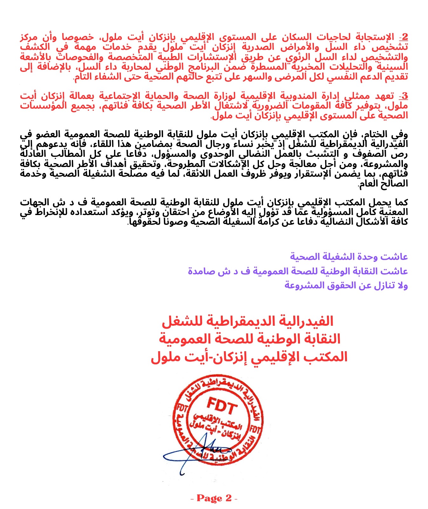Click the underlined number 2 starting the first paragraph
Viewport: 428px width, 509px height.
404,37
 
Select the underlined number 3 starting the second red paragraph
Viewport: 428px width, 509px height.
404,96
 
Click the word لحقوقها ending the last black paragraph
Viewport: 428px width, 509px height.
141,222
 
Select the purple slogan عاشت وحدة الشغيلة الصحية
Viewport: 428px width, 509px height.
349,256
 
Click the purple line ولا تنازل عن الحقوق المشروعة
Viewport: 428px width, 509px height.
346,286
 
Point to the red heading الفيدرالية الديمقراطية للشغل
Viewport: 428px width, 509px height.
248,322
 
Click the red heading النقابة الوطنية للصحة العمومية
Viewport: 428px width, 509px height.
249,339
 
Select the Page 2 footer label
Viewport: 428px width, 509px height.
214,498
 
